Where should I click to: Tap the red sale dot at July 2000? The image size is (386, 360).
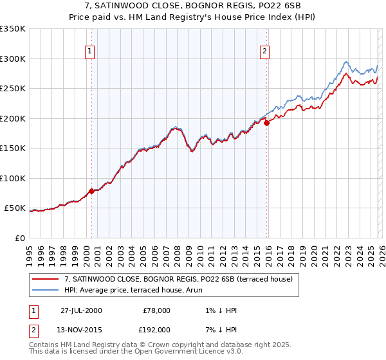coord(91,191)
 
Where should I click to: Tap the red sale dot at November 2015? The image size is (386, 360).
coord(266,123)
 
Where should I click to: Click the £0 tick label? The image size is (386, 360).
coord(19,239)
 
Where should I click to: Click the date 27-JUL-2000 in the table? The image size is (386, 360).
coord(81,310)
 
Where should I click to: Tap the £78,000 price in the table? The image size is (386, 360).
coord(155,310)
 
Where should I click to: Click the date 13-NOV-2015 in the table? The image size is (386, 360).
coord(81,329)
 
